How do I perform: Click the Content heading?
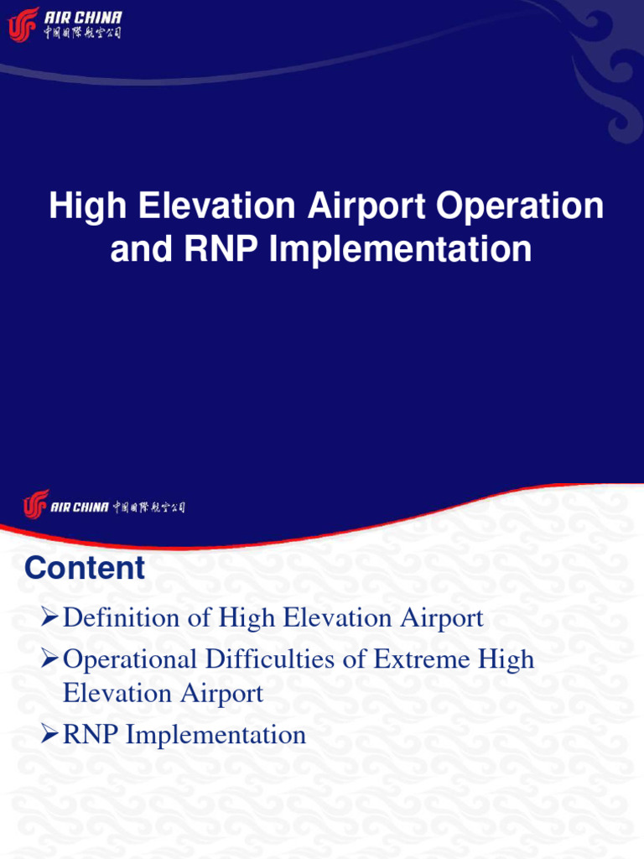point(85,568)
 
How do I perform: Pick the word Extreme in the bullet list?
point(421,659)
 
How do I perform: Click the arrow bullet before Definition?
point(50,619)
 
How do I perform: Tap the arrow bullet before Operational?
point(50,660)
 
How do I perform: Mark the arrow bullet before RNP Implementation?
point(50,736)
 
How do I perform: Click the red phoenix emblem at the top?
point(23,24)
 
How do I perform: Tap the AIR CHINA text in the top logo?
point(83,18)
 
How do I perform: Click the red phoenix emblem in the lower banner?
point(36,505)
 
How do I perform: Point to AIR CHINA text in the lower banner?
point(80,508)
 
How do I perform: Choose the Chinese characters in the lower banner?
point(148,508)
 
